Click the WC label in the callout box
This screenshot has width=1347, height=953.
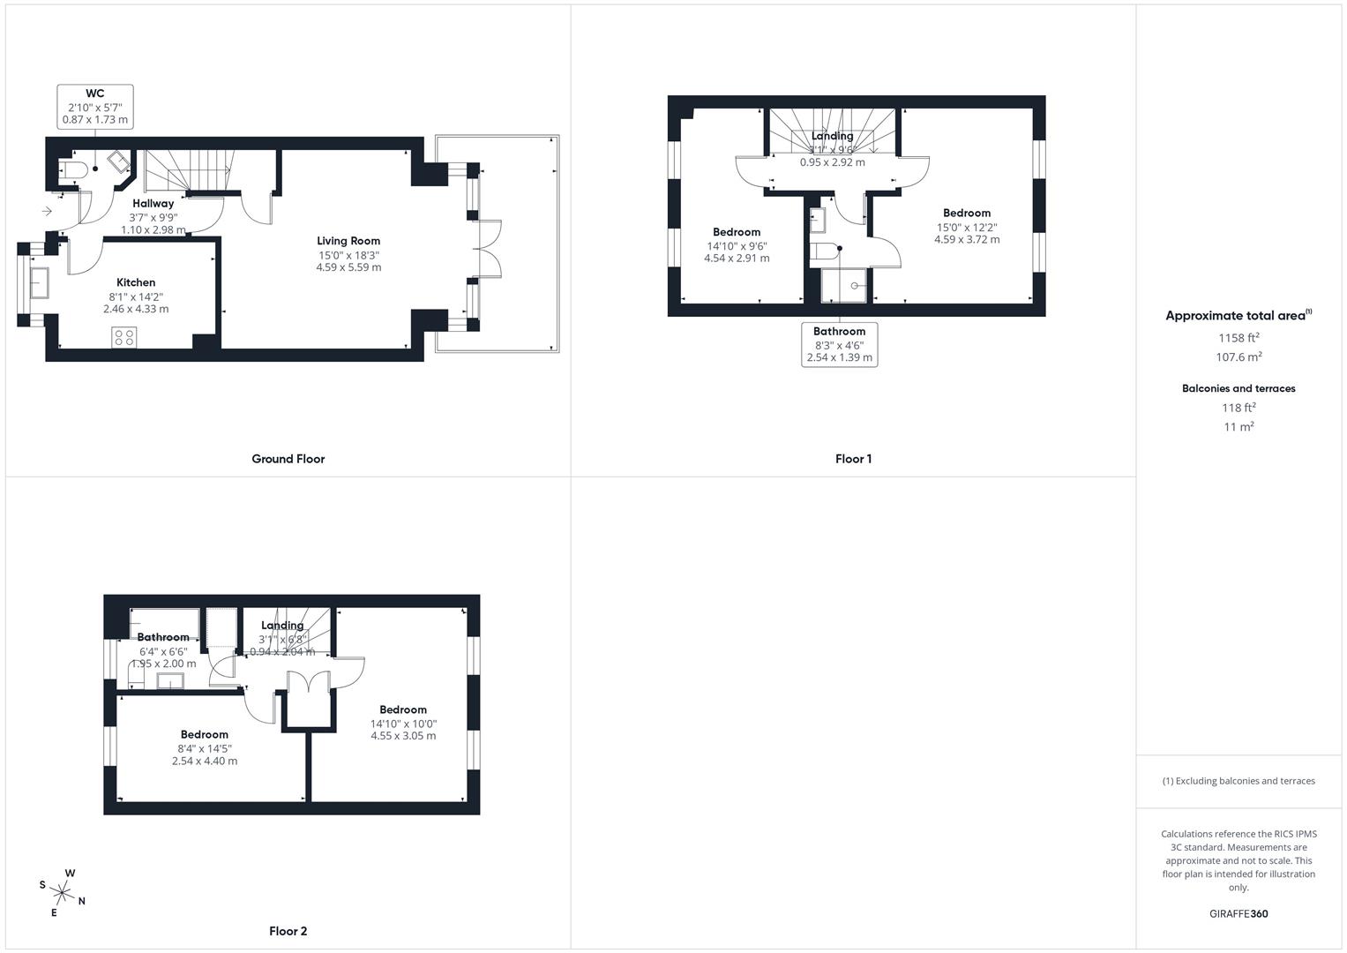(94, 94)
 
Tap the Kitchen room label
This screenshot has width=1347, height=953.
(136, 282)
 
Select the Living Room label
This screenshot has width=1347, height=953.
(348, 240)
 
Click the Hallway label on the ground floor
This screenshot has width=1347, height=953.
(153, 204)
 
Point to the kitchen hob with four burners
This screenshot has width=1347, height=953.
(124, 336)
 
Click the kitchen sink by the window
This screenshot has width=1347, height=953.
(39, 283)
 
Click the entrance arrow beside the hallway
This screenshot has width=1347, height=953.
(47, 211)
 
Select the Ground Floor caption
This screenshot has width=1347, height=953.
(288, 459)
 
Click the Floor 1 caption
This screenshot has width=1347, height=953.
(853, 459)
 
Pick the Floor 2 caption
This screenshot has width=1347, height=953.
(288, 931)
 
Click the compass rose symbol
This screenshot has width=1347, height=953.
(62, 892)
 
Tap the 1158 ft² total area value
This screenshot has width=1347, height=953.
(1238, 337)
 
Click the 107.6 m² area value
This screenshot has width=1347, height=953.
(1238, 357)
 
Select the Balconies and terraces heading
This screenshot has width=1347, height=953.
(1238, 388)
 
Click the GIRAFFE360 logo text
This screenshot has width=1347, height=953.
(1238, 913)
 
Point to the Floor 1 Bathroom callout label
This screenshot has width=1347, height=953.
(839, 332)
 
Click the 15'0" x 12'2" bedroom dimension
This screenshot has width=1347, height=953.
(967, 227)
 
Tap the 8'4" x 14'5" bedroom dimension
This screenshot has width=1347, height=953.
(205, 748)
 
